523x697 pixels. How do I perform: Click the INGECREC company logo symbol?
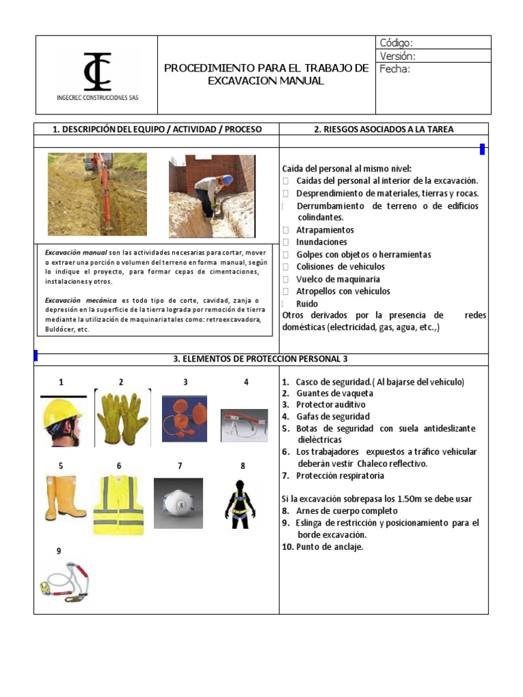tap(97, 71)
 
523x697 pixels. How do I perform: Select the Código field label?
tap(396, 43)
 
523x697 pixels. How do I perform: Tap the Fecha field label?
tap(394, 69)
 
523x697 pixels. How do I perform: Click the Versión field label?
tap(398, 56)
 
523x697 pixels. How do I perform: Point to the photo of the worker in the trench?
tap(212, 195)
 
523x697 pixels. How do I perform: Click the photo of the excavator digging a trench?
tap(97, 194)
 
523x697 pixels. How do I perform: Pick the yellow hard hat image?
tap(63, 421)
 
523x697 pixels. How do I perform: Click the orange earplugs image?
tap(185, 419)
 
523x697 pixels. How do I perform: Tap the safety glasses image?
tap(244, 425)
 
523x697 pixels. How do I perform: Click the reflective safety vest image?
tap(118, 504)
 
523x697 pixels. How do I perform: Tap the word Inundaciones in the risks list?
tap(321, 242)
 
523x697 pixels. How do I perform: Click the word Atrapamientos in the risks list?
tap(325, 230)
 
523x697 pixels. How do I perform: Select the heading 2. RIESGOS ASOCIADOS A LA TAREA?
tap(383, 129)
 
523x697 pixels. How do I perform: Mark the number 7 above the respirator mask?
tap(180, 466)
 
